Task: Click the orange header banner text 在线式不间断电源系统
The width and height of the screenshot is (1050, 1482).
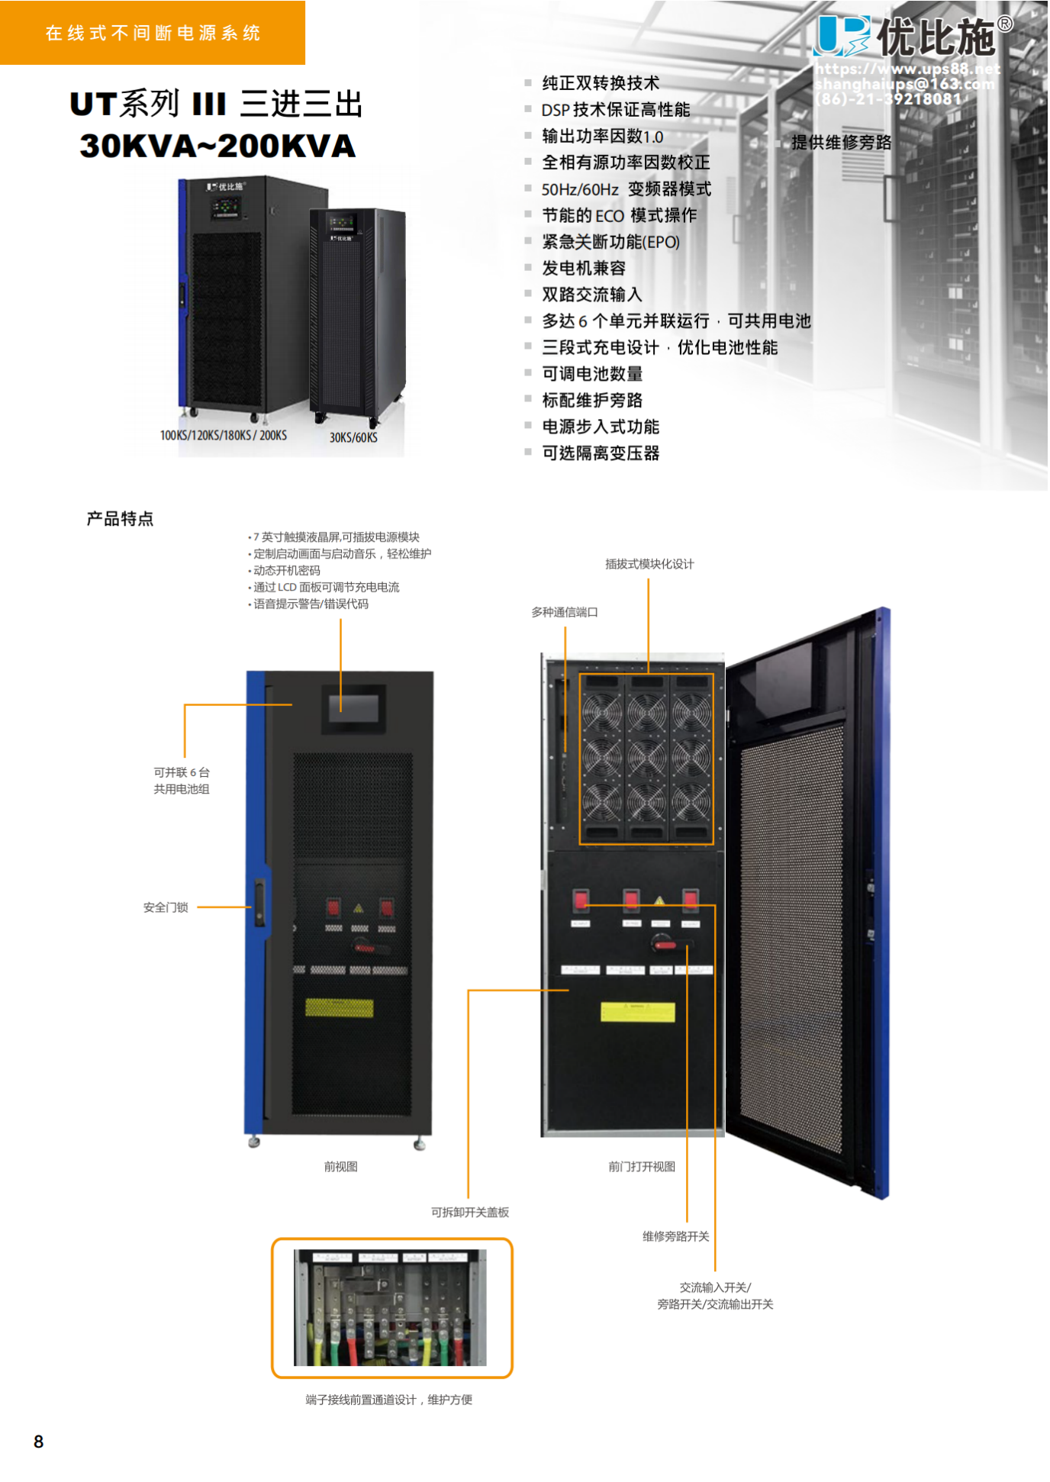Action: click(x=153, y=33)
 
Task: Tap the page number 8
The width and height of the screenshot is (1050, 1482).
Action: click(x=39, y=1441)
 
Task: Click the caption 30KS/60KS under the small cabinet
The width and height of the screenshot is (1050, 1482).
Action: click(x=353, y=437)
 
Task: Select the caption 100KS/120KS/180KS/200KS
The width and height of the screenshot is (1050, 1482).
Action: click(x=223, y=435)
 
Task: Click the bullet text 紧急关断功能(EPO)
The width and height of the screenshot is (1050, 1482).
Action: click(x=610, y=242)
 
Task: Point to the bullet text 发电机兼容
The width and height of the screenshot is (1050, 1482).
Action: click(x=584, y=268)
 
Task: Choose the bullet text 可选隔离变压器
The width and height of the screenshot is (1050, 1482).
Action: click(x=601, y=453)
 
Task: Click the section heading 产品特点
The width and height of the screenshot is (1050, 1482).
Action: click(x=120, y=519)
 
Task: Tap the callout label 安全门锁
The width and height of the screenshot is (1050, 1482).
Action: click(x=166, y=907)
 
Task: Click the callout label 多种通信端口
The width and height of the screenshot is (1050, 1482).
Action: click(x=565, y=612)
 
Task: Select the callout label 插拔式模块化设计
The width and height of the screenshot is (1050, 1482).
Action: click(x=649, y=564)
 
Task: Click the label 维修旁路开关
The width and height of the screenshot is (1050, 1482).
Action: click(x=675, y=1236)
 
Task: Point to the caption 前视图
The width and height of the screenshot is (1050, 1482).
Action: click(x=340, y=1166)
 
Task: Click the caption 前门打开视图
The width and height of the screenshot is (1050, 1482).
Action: click(x=641, y=1166)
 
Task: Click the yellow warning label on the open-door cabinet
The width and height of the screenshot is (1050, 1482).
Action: click(x=638, y=1012)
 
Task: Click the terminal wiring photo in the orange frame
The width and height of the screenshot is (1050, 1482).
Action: click(x=391, y=1307)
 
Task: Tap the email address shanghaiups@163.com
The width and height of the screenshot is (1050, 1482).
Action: click(x=905, y=84)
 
